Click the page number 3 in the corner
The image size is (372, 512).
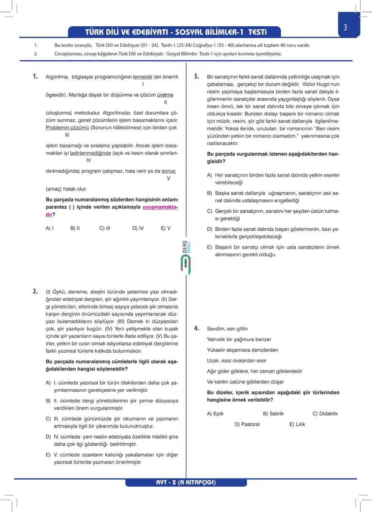345,28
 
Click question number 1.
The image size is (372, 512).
36,76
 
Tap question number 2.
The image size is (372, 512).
36,291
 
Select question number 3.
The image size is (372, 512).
197,76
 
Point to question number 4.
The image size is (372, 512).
197,328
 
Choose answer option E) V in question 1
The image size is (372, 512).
166,228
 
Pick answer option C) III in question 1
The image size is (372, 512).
105,228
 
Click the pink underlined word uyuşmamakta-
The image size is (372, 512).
161,207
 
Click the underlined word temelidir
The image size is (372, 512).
142,77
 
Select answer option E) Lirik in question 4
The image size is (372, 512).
297,424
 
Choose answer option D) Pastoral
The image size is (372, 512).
247,424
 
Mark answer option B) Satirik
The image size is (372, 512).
273,414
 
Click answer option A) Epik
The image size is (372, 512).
215,414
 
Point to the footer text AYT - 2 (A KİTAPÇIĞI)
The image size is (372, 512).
186,482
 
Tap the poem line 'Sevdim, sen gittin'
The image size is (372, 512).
227,328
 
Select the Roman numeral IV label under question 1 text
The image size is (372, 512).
88,161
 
